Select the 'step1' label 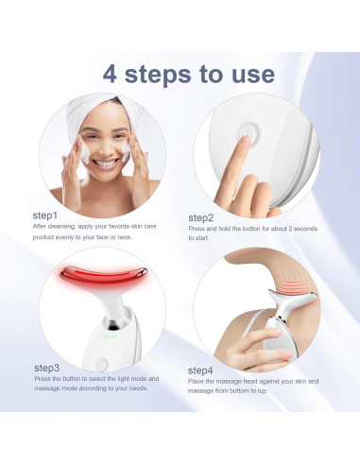pos(45,215)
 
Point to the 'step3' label pos(47,367)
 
